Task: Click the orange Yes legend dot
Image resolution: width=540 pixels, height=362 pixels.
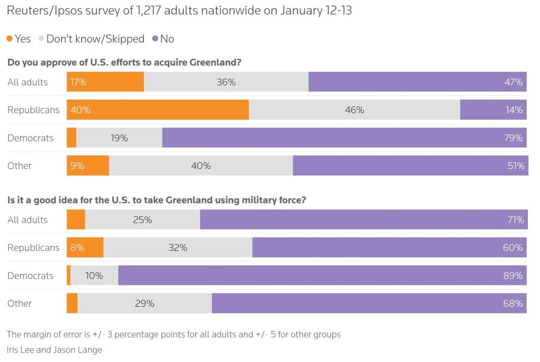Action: point(9,39)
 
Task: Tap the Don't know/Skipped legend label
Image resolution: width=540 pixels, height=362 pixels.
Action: point(95,39)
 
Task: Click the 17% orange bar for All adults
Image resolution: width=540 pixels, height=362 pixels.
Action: point(105,82)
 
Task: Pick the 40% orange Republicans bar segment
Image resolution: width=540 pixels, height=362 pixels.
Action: point(158,110)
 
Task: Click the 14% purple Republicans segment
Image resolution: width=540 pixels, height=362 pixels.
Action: point(493,110)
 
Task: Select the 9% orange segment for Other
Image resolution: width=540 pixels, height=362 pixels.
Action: point(88,165)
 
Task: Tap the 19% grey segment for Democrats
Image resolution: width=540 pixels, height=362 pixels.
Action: point(119,138)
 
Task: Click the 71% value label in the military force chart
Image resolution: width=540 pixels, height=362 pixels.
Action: point(515,220)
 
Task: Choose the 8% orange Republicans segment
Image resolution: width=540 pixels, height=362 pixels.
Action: point(85,248)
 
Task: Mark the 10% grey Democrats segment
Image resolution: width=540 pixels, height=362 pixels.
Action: point(94,276)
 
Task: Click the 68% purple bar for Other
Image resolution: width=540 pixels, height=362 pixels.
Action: point(369,304)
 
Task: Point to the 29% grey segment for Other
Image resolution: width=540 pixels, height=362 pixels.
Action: point(144,304)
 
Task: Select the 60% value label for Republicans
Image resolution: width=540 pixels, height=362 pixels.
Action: point(513,248)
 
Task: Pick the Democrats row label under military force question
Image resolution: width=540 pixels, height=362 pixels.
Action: point(30,276)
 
